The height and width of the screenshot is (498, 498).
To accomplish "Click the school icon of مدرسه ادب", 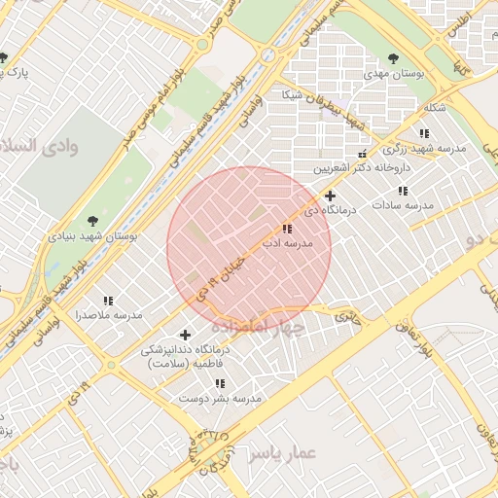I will pos(285,229).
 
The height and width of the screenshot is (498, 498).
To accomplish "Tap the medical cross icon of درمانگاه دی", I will pos(331,196).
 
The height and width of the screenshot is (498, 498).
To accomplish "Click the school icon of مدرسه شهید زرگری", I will pos(423,133).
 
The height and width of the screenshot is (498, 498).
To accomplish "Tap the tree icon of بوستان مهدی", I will pos(393,58).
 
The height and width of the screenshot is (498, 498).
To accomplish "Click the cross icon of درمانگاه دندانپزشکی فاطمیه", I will pos(185,335).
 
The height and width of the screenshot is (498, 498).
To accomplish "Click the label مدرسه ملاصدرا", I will pos(109,316).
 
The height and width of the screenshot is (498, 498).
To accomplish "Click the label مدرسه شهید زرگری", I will pos(424,149).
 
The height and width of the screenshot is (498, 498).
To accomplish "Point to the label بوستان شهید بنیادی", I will pos(93,236).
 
